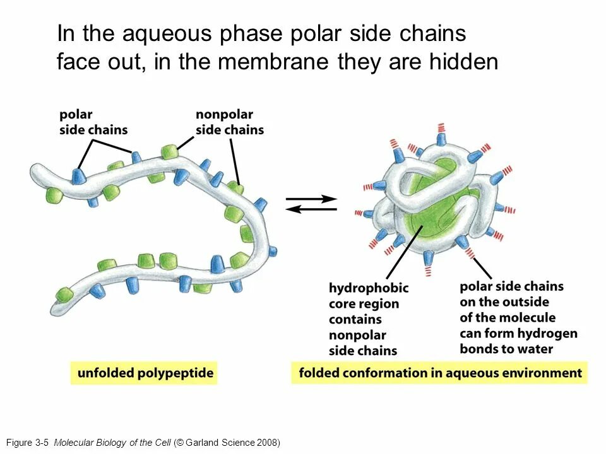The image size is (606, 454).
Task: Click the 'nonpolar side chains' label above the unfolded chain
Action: (x=229, y=122)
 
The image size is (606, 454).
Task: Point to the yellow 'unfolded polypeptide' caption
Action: (x=145, y=373)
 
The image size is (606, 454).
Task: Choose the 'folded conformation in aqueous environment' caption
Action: (x=440, y=373)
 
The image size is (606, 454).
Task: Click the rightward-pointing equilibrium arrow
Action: (x=312, y=199)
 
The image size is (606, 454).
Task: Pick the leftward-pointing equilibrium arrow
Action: (x=312, y=210)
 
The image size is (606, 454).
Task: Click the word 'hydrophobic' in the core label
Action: (x=369, y=288)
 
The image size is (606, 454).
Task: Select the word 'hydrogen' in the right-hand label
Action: (x=549, y=333)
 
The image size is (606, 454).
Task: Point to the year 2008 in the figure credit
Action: (x=266, y=443)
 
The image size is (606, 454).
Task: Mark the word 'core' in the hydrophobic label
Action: (x=343, y=304)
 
